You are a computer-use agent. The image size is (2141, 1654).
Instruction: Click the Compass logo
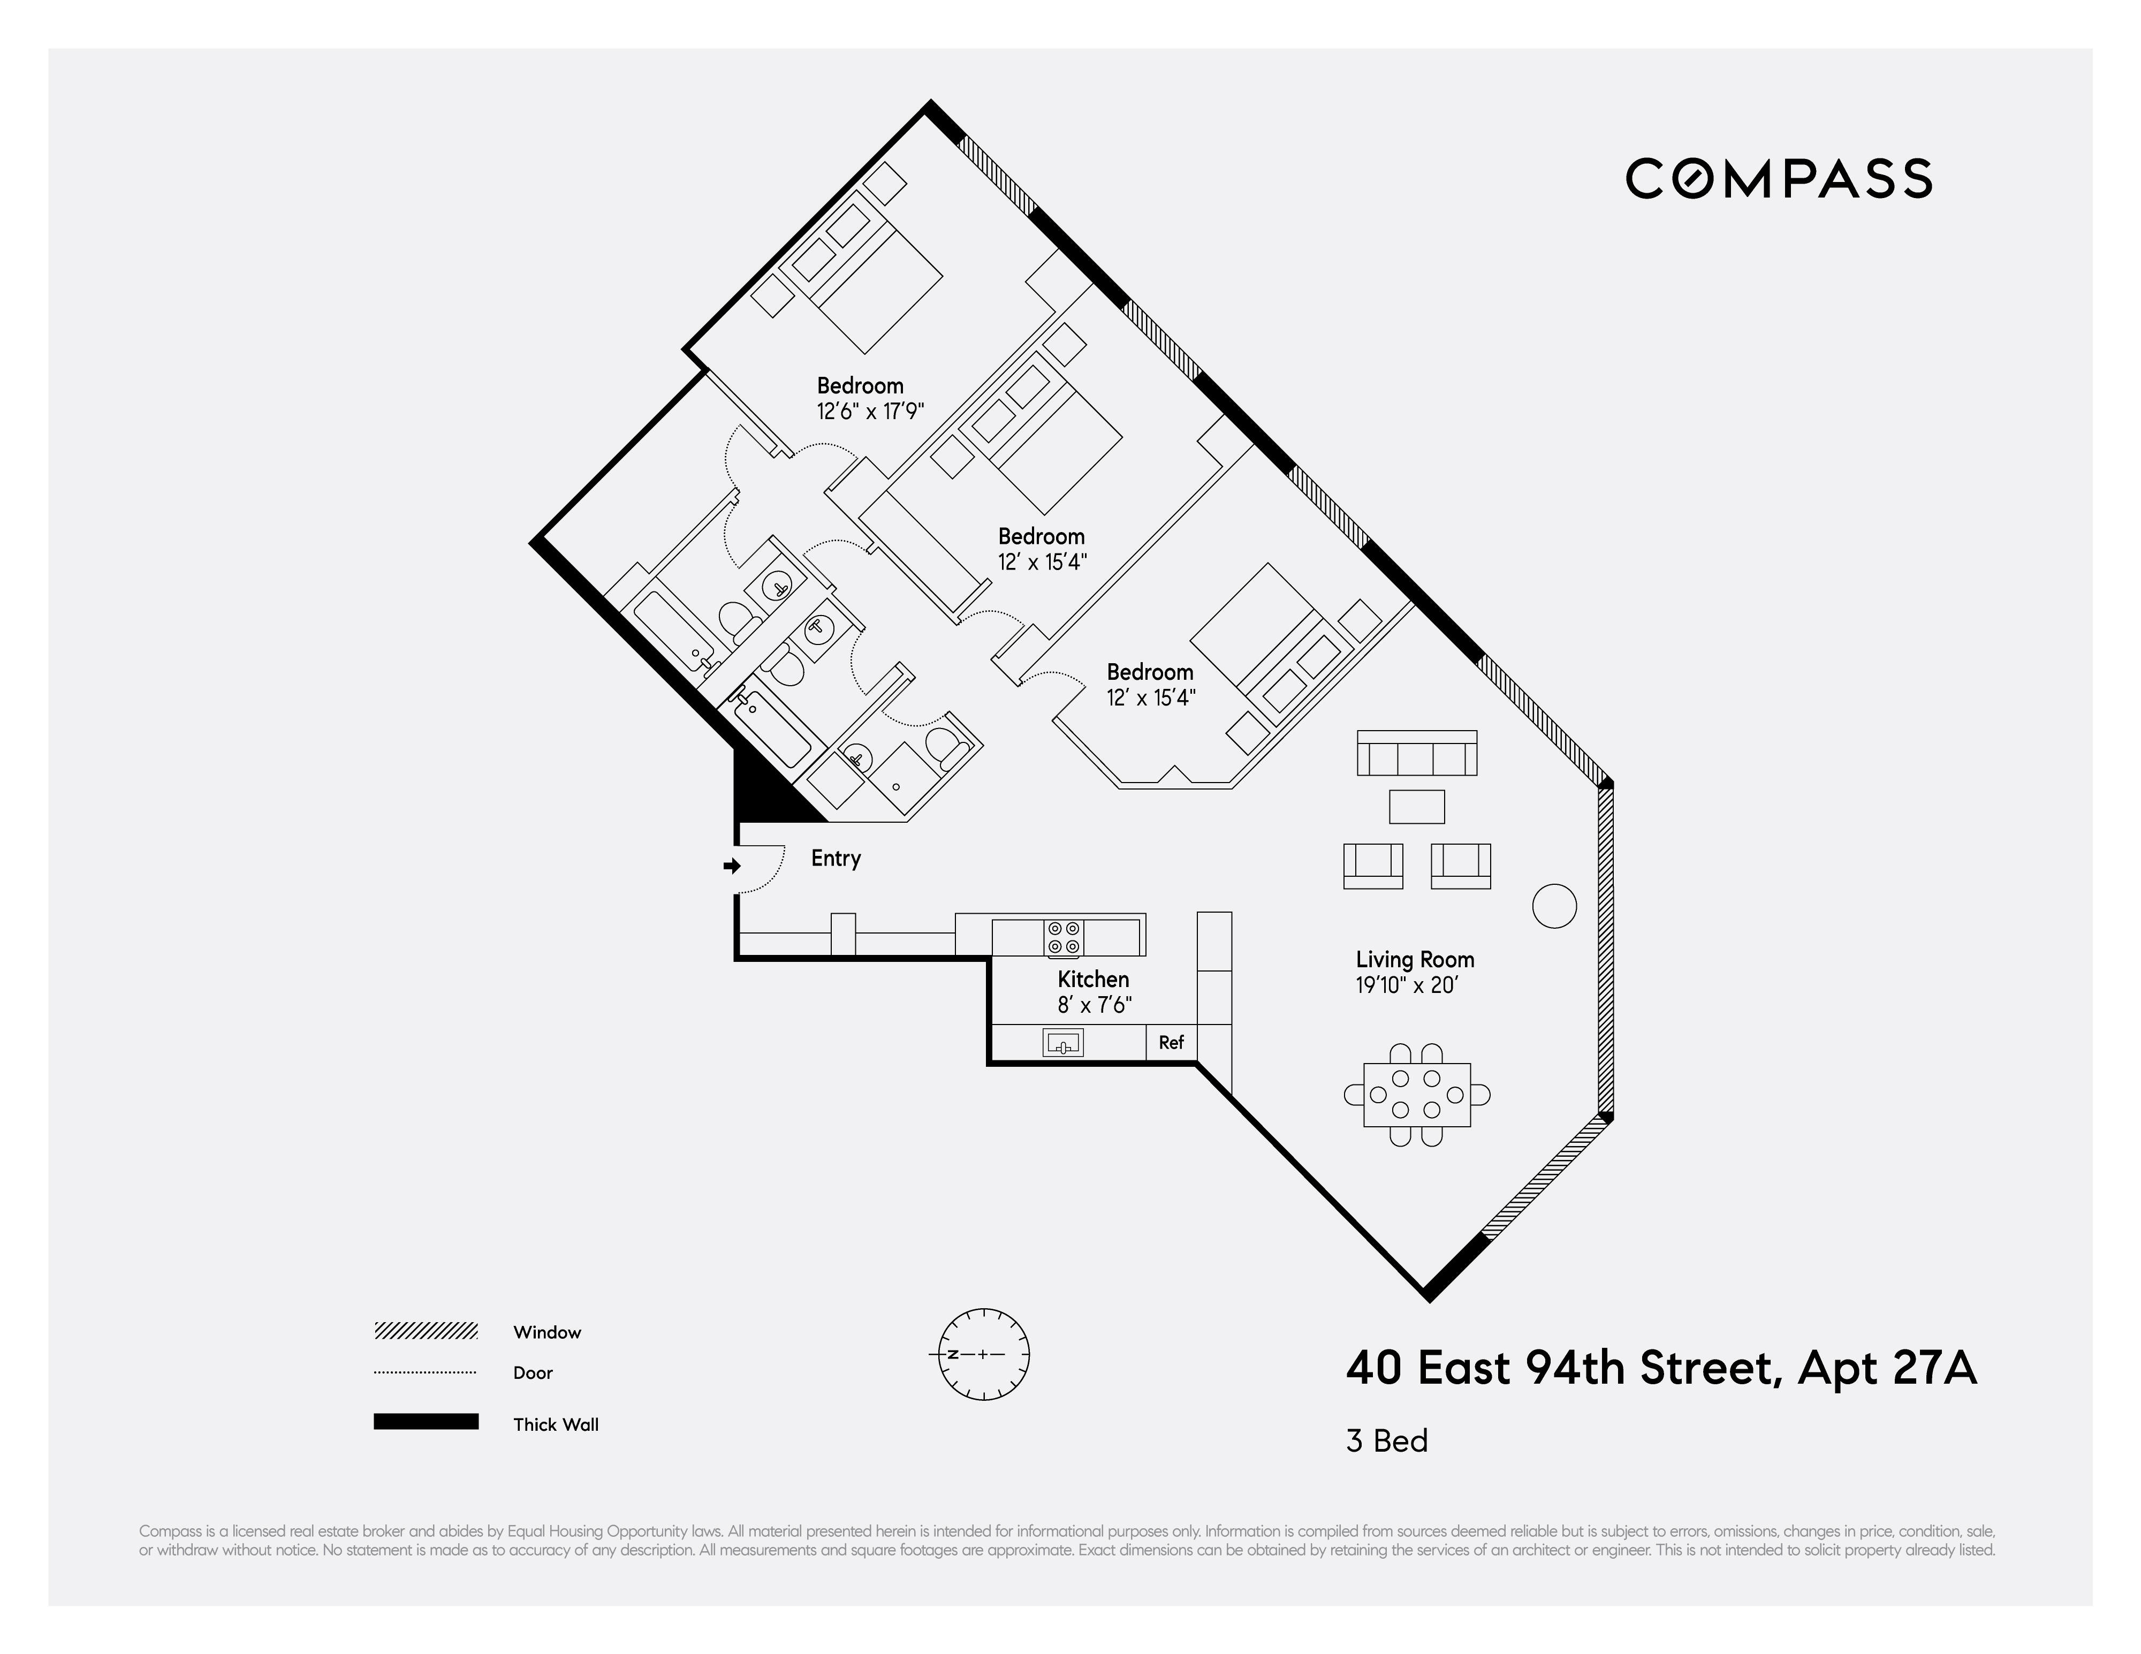coord(1778,178)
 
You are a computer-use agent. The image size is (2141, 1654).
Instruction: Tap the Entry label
coord(835,859)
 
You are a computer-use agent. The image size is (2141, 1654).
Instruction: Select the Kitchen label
coord(1093,980)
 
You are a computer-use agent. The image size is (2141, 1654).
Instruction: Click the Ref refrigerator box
coord(1172,1042)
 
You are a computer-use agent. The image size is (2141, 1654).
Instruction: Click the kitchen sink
coord(1064,1042)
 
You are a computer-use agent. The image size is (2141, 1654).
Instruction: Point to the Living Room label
coord(1415,960)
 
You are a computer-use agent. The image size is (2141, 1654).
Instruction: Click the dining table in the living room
coord(1417,1094)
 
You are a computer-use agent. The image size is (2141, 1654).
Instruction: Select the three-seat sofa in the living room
coord(1417,754)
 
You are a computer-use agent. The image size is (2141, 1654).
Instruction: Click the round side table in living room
coord(1554,905)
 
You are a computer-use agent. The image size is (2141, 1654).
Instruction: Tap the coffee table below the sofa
coord(1417,807)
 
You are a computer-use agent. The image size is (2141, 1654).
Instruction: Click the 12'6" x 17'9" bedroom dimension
coord(870,412)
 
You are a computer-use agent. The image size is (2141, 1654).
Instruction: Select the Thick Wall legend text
coord(555,1424)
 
